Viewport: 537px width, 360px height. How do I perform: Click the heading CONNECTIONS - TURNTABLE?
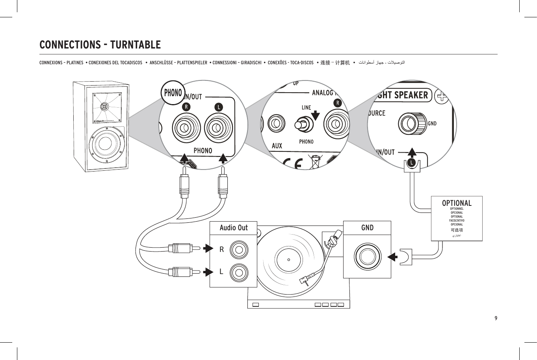[100, 45]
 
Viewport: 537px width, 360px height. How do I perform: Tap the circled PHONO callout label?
[173, 93]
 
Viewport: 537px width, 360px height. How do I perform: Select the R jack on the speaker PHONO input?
[186, 128]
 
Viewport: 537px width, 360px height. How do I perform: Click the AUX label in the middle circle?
[277, 146]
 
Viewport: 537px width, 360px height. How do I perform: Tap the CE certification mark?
[292, 163]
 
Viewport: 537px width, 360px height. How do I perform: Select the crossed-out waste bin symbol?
[315, 162]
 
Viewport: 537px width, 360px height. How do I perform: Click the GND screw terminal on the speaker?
[412, 123]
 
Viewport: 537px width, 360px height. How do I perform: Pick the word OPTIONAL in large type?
[457, 203]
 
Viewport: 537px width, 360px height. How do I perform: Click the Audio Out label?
[234, 228]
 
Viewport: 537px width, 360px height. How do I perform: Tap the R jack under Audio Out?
[239, 249]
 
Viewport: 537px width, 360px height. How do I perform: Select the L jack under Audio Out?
[239, 272]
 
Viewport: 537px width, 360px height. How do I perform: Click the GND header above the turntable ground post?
[367, 228]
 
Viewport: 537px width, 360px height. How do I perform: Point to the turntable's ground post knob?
[367, 257]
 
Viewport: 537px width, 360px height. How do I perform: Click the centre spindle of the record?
[289, 260]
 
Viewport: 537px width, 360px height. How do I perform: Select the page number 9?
[496, 318]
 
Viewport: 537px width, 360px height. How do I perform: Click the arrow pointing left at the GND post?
[392, 257]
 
